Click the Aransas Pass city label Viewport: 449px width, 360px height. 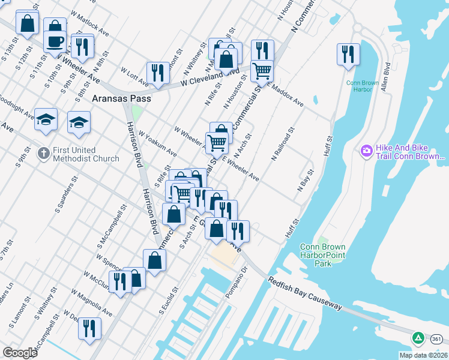coord(121,97)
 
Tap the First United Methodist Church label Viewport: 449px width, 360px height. coord(85,154)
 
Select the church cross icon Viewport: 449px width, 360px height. coord(43,154)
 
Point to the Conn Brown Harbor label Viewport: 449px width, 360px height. coord(363,86)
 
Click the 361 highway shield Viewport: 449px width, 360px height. coord(436,340)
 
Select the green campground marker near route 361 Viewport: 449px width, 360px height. coord(418,338)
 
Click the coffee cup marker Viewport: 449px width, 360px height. coord(55,41)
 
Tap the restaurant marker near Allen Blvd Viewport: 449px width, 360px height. coord(348,53)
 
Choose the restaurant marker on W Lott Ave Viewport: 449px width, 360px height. coord(158,72)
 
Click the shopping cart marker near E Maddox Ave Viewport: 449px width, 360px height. coord(262,70)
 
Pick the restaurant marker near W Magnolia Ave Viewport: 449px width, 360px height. coord(89,328)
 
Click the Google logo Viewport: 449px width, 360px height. coord(20,353)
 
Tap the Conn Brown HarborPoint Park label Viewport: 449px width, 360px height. coord(322,255)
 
